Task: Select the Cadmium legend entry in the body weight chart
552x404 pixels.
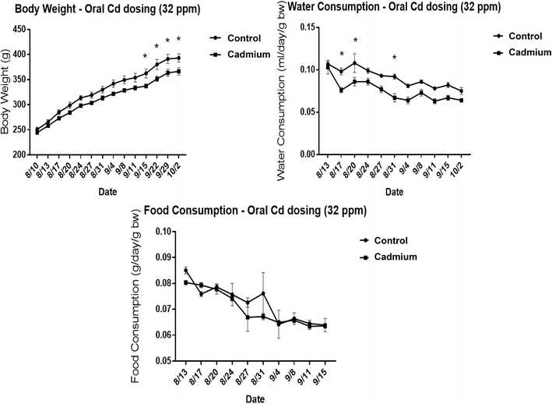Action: [x=240, y=53]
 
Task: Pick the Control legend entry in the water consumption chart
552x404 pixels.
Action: [x=523, y=36]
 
